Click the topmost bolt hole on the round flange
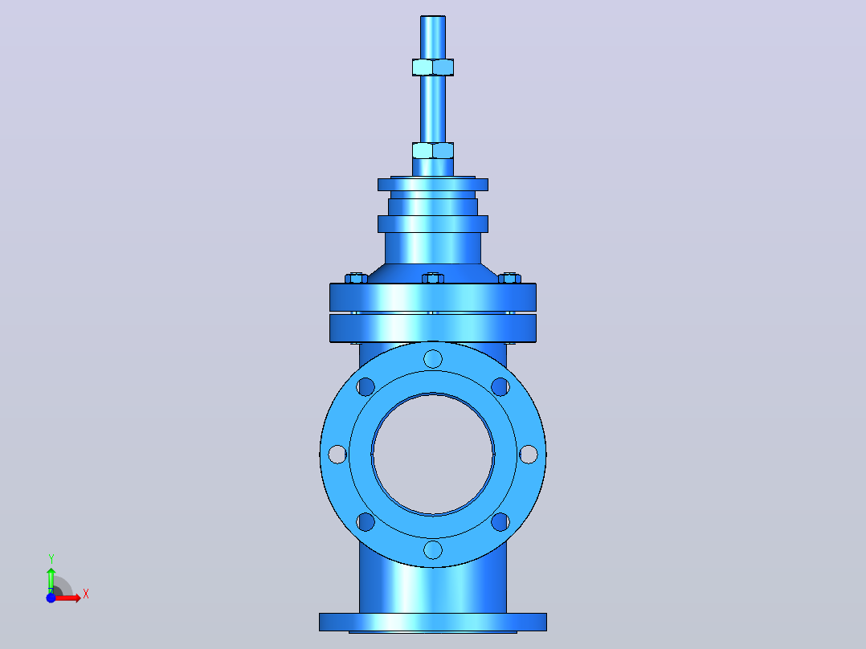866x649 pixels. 433,359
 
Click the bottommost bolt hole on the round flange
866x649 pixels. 433,550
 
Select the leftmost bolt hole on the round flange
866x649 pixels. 337,455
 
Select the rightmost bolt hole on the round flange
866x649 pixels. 529,455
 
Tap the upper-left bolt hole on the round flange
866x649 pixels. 366,386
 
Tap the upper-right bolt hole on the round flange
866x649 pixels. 500,386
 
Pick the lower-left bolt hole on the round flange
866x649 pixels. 366,522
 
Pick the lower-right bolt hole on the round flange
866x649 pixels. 500,522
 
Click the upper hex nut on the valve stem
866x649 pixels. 433,67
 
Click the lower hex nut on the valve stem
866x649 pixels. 433,150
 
